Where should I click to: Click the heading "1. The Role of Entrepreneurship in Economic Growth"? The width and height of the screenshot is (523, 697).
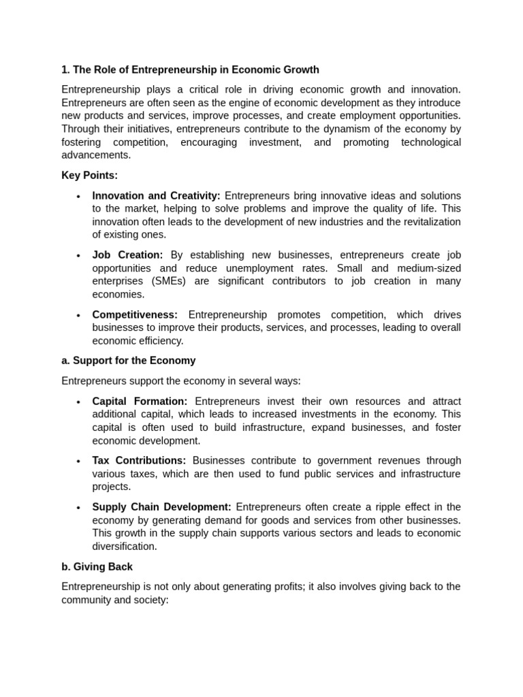(190, 69)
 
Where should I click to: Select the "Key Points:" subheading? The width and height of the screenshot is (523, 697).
(89, 175)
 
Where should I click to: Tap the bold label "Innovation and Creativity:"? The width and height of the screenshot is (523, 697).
(156, 195)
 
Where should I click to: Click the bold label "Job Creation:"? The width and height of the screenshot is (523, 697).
(127, 255)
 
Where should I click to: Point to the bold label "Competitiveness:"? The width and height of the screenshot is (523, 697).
(135, 314)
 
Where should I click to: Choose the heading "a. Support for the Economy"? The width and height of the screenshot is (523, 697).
(128, 361)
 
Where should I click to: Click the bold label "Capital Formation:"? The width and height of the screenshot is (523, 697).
(140, 401)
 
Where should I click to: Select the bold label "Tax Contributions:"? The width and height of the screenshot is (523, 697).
(139, 460)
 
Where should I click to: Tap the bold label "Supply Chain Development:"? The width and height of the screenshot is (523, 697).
(161, 506)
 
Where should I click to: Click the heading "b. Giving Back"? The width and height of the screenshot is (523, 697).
(97, 566)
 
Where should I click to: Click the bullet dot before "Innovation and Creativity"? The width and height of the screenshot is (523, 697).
(78, 197)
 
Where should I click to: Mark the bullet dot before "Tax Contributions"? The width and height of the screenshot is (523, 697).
(78, 461)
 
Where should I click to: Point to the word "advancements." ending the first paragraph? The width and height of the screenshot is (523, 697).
(96, 155)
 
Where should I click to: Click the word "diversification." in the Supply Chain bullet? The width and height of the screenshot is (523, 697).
(125, 546)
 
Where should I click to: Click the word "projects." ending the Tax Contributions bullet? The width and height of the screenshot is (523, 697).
(112, 487)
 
